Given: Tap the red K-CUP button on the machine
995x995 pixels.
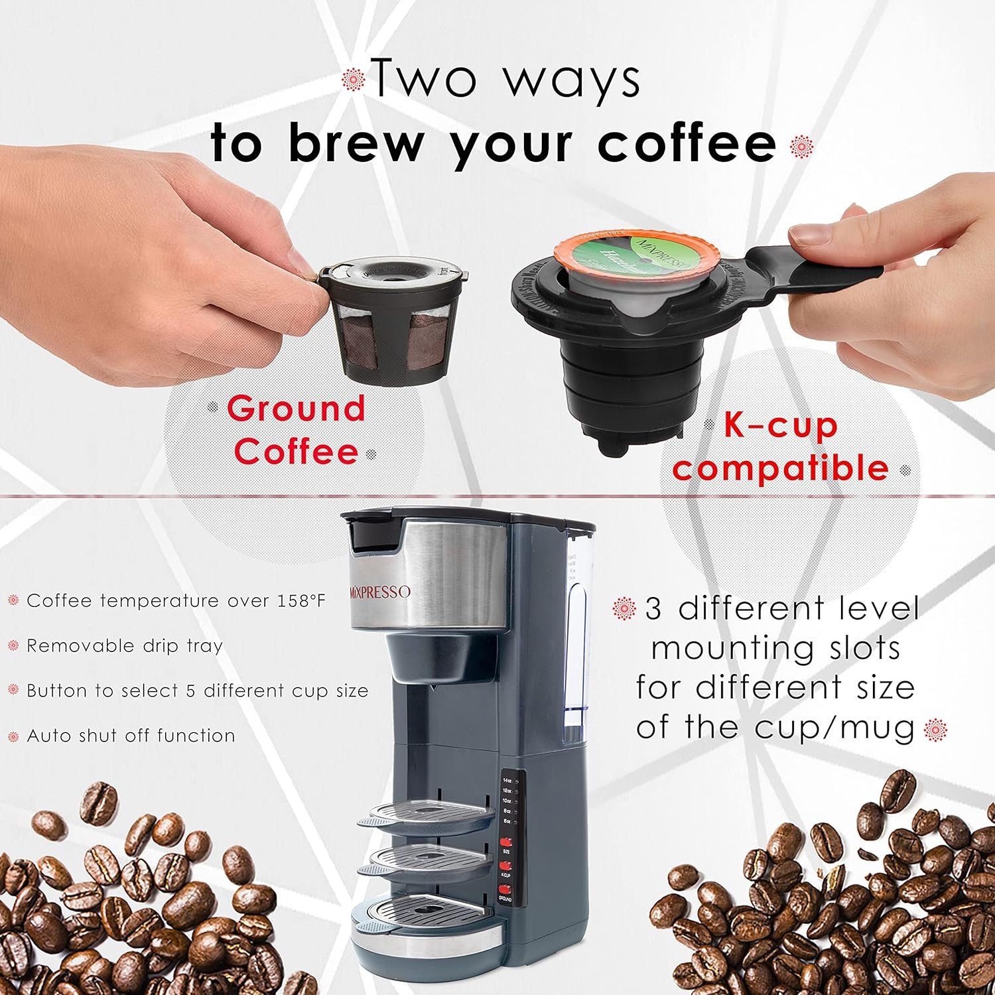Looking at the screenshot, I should pyautogui.click(x=505, y=866).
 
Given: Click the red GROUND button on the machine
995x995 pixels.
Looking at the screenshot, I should pyautogui.click(x=505, y=889).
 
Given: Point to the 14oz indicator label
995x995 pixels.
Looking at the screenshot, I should pyautogui.click(x=507, y=780).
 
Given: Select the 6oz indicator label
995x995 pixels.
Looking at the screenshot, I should pyautogui.click(x=507, y=821).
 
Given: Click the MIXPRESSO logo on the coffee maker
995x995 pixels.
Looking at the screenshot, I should pyautogui.click(x=380, y=592).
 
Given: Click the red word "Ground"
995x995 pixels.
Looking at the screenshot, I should pyautogui.click(x=296, y=409).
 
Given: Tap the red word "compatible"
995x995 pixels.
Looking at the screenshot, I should pyautogui.click(x=780, y=468).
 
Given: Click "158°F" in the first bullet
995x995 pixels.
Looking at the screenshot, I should pyautogui.click(x=298, y=601).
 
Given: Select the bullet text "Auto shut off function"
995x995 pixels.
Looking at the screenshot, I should pyautogui.click(x=131, y=736).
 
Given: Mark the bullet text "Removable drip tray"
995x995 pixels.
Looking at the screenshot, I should pyautogui.click(x=124, y=646).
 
